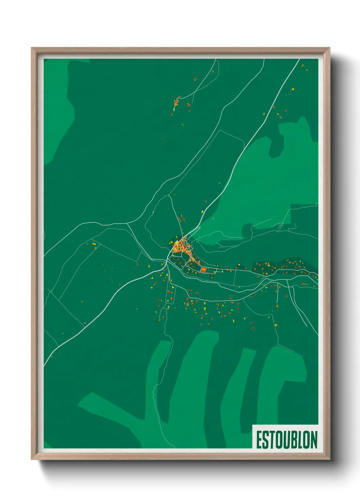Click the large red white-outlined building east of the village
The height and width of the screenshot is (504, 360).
coord(203,270)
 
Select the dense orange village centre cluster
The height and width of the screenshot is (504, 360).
coord(180,247)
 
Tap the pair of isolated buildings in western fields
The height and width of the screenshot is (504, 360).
coord(94,245)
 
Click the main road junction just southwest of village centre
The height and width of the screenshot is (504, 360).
coord(167,262)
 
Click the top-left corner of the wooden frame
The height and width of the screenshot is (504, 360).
coord(32,48)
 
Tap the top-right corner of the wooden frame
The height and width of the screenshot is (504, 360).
coord(329,48)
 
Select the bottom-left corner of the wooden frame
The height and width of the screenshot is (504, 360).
coord(32,459)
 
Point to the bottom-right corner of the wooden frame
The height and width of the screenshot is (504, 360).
coord(329,459)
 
